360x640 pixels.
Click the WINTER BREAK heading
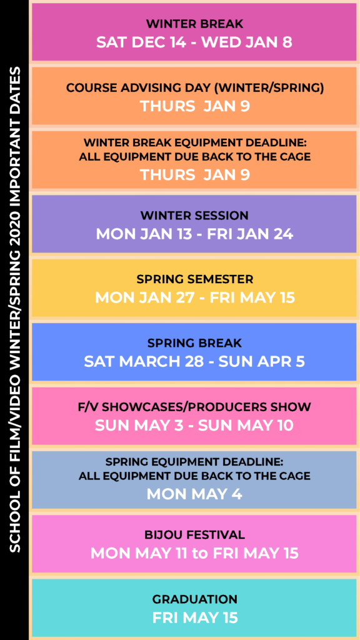(195, 24)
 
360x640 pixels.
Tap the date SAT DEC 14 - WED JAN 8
(194, 42)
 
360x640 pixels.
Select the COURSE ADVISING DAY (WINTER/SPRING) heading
(195, 87)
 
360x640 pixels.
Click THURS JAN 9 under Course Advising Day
(195, 106)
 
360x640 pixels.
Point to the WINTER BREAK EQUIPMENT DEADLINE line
(195, 143)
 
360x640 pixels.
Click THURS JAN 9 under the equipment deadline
(195, 175)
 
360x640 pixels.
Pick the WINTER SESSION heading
(194, 215)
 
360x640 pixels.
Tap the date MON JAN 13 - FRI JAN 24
(194, 234)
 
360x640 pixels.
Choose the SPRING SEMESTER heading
(195, 279)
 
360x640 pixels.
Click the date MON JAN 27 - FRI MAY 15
(195, 297)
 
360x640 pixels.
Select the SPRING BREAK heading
(195, 343)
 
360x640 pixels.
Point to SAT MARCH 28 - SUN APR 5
(194, 362)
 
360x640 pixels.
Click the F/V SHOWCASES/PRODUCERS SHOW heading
(195, 407)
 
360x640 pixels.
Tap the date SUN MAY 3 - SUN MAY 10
(194, 426)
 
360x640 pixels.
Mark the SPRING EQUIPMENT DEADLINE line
(194, 462)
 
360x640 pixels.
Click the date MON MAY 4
(194, 494)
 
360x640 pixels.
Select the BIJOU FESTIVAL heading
(195, 535)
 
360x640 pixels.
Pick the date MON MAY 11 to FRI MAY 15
(194, 554)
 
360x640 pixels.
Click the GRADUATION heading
(195, 599)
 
